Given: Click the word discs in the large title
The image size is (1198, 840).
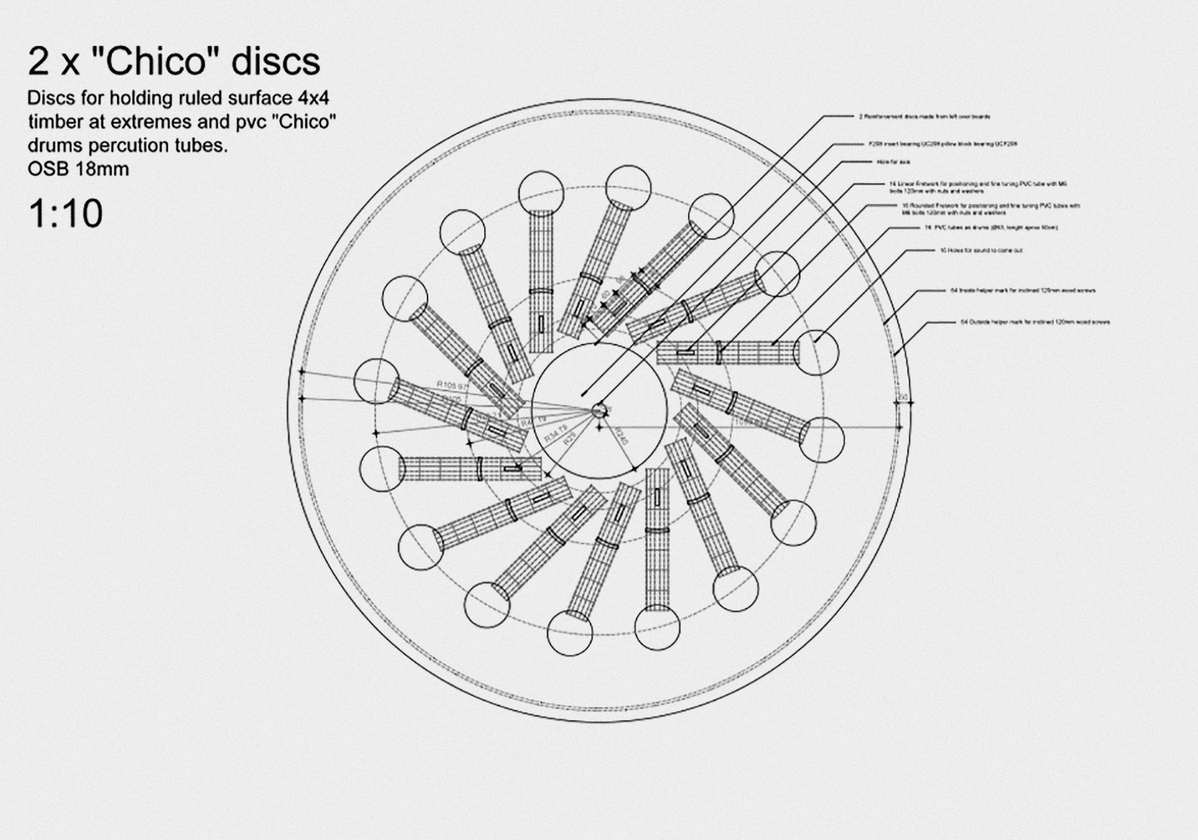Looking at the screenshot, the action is (275, 62).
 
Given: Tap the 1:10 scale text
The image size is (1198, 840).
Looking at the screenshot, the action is (65, 214).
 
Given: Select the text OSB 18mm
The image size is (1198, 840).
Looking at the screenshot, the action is (78, 169).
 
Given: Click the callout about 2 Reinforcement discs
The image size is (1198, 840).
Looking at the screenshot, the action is (924, 117).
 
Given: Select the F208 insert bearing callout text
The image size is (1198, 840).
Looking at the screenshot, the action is (942, 144).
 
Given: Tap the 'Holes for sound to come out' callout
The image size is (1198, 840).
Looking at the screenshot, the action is (981, 250).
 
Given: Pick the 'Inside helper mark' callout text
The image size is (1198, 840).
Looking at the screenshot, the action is (1023, 291).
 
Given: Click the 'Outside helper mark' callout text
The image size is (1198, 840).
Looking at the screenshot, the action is (1035, 322).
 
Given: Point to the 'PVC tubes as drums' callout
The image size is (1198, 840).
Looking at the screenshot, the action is (991, 228).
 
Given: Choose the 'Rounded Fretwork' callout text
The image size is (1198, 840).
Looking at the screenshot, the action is (990, 209).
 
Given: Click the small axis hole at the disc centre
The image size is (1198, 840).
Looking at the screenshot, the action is (599, 410).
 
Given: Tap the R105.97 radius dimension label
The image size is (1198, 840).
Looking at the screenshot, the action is (452, 385).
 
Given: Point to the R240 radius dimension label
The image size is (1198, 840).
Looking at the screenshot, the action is (621, 435).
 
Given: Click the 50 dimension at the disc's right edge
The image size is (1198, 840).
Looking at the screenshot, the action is (903, 397).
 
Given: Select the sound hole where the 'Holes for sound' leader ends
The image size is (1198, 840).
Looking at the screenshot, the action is (816, 352).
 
